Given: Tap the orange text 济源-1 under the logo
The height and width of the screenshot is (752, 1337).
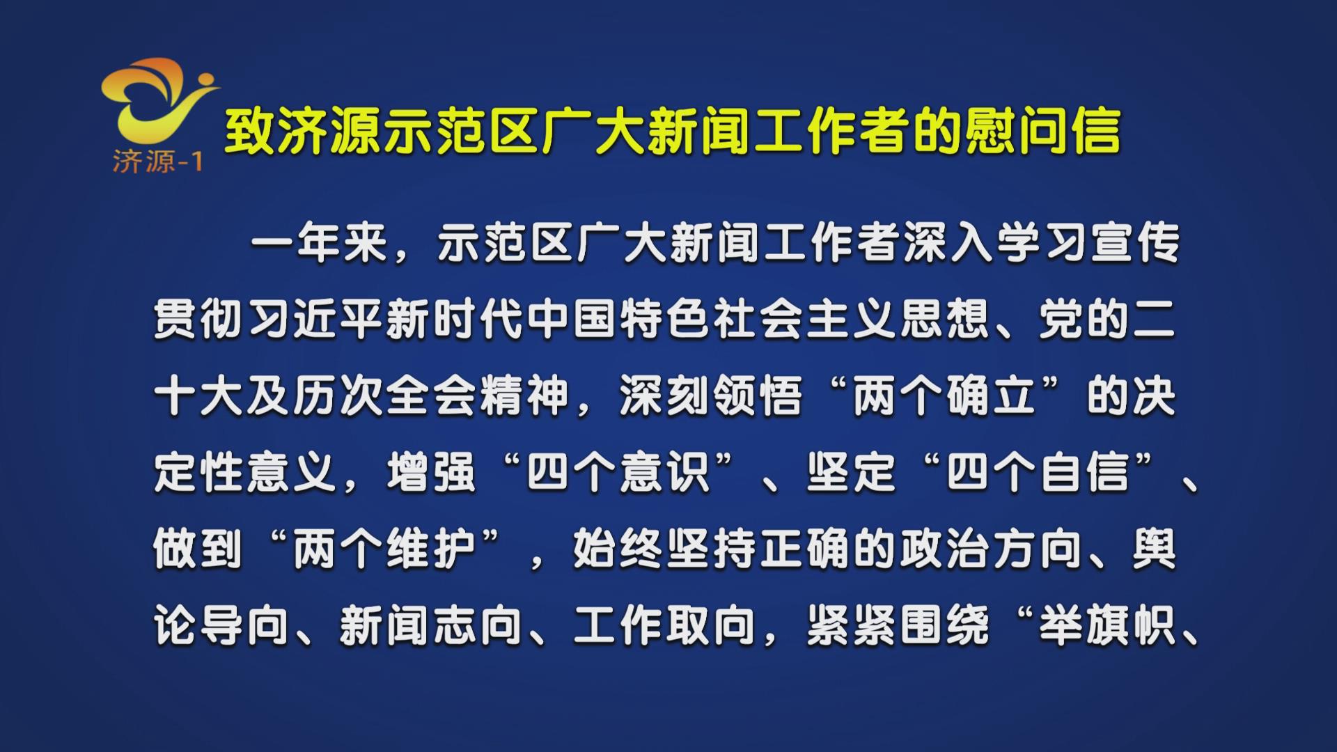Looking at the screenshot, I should coord(157,162).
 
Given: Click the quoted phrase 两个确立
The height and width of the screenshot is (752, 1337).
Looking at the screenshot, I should coord(944,397).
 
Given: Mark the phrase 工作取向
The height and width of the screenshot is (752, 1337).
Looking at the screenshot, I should coord(664,625).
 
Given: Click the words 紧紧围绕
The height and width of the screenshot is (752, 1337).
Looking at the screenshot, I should coord(898,625).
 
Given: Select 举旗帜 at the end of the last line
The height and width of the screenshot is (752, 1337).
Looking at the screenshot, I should coord(1107,625).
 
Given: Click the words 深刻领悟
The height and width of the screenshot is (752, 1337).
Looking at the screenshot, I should coord(710,397).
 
